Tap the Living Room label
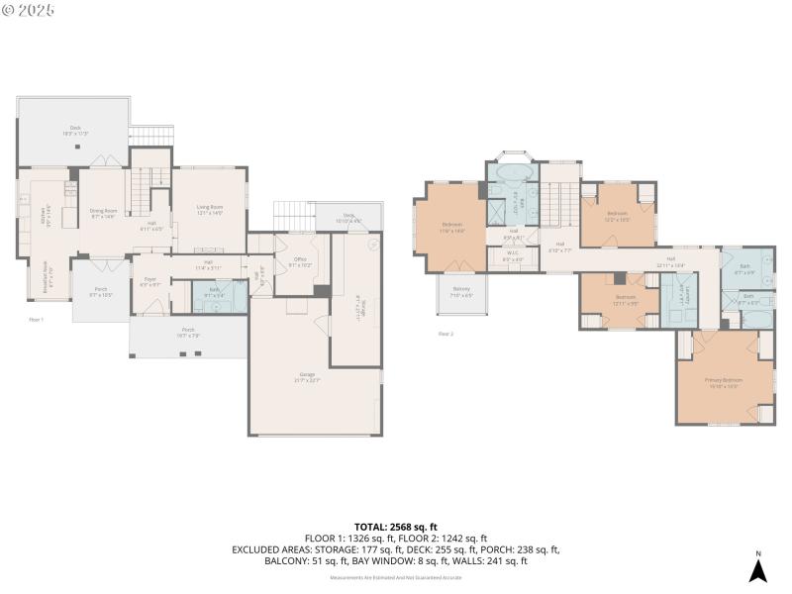[x=210, y=209]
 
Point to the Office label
[x=300, y=263]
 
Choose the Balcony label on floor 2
[x=461, y=293]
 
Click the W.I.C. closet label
[x=512, y=258]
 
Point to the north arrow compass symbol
[x=757, y=569]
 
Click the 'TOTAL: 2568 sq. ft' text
[x=396, y=527]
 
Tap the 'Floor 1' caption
[x=36, y=320]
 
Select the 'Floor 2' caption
[x=445, y=334]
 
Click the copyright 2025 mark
[x=29, y=10]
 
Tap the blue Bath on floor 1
[x=214, y=292]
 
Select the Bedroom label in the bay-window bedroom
[x=450, y=227]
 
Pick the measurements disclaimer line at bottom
[x=396, y=575]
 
